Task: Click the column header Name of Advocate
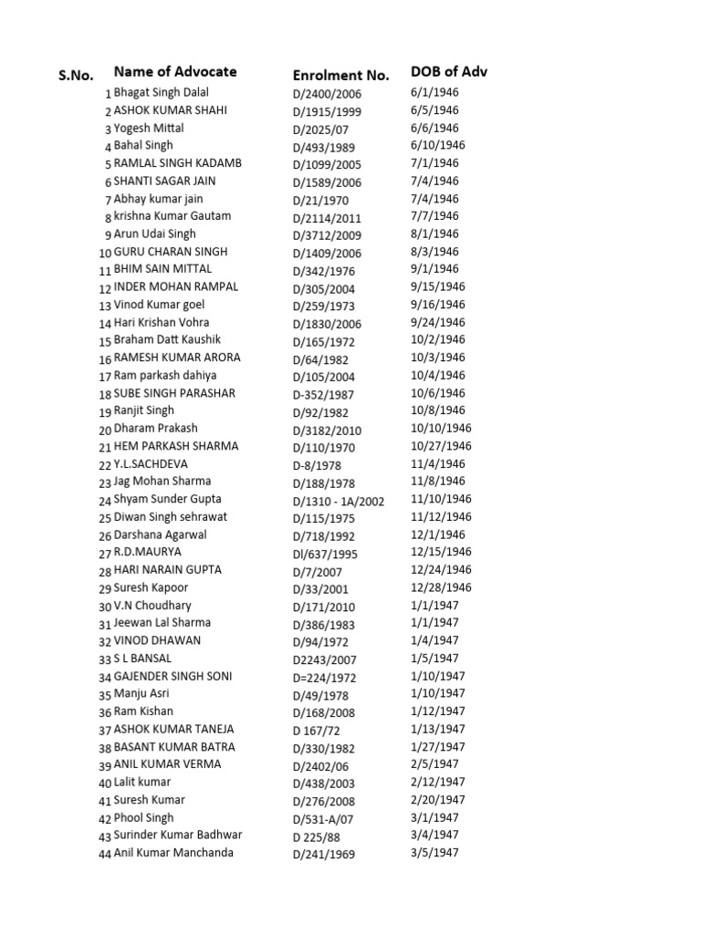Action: (x=174, y=71)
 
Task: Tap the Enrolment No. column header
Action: (x=340, y=75)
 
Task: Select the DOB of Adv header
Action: (x=449, y=71)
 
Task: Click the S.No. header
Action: (x=77, y=76)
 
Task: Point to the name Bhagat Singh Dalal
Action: (x=161, y=92)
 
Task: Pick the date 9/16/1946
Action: (x=438, y=305)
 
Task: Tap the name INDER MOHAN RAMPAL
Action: (x=175, y=286)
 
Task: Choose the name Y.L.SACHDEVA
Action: (x=151, y=463)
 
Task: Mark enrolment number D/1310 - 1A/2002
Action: (x=339, y=501)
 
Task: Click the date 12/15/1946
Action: (x=441, y=552)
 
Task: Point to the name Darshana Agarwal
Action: (x=160, y=534)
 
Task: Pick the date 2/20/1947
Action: (x=438, y=799)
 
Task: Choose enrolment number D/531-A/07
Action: (x=324, y=819)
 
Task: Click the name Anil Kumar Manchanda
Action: (x=173, y=853)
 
